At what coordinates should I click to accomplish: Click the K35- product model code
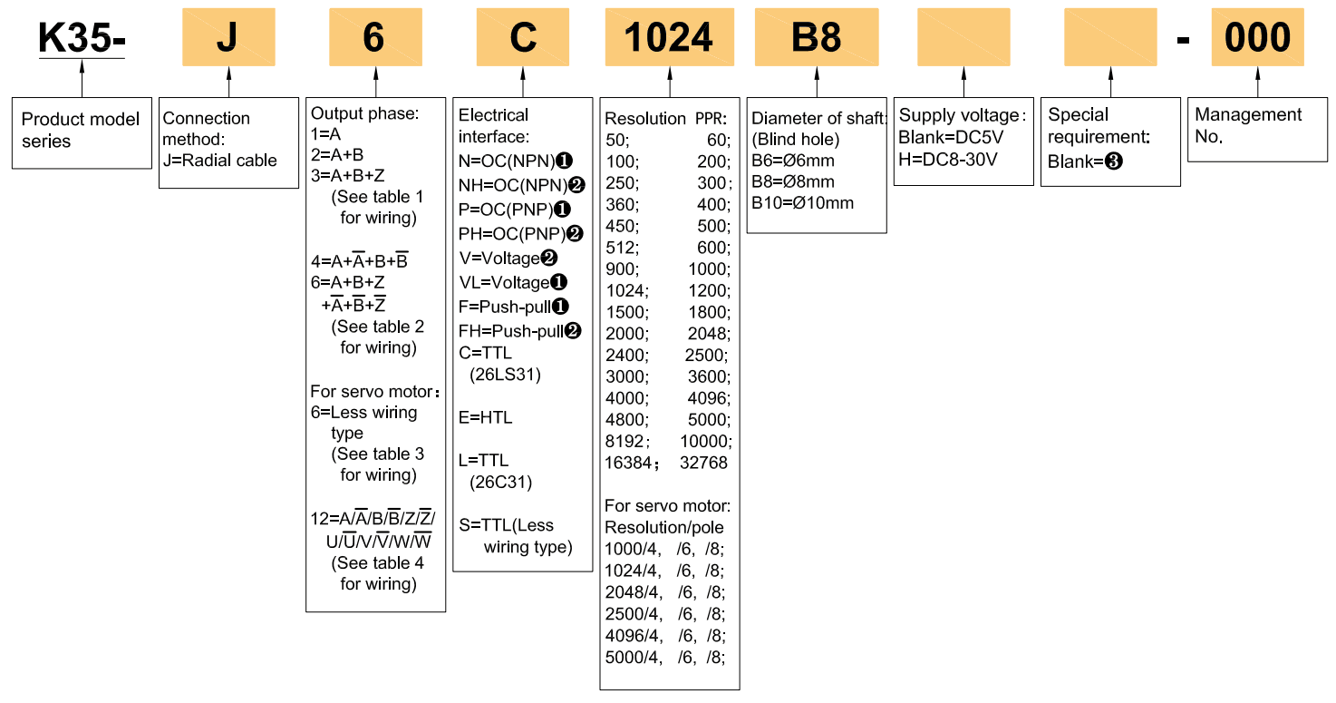click(82, 37)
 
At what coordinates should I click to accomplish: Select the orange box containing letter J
click(228, 37)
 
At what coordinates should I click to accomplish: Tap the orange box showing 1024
click(670, 37)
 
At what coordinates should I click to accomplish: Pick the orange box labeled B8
click(817, 37)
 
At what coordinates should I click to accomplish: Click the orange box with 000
click(1257, 37)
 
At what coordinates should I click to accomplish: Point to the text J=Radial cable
click(220, 161)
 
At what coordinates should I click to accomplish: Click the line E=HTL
click(486, 418)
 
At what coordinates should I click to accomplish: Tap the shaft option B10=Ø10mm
click(802, 203)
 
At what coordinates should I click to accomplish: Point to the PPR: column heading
click(712, 119)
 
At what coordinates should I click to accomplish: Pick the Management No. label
click(1248, 125)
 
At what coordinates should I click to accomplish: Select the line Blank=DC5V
click(947, 137)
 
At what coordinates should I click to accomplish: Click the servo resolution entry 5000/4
click(634, 658)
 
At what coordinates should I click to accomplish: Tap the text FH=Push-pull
click(511, 331)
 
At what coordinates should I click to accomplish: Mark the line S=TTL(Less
click(506, 525)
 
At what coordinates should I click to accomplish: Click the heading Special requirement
click(1098, 125)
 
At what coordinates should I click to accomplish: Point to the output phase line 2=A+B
click(337, 154)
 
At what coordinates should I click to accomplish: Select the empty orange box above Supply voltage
click(963, 37)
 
